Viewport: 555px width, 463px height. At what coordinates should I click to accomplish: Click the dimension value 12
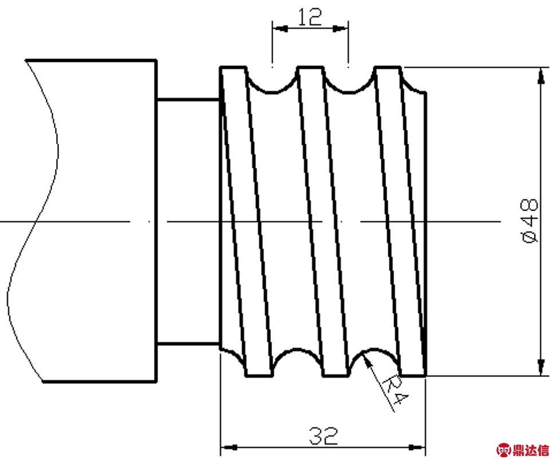(x=310, y=17)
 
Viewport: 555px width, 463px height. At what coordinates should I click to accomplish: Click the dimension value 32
(x=324, y=435)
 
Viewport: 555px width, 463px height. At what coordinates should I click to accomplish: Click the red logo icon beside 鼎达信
(x=503, y=450)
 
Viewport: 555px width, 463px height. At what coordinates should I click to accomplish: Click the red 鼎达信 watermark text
(x=530, y=450)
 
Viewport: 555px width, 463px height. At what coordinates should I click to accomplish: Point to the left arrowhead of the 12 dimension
(x=280, y=28)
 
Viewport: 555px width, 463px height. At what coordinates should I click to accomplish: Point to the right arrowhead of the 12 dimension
(x=341, y=28)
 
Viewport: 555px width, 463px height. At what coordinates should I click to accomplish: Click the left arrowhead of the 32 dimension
(x=229, y=447)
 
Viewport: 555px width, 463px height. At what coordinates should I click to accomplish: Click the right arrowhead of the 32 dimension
(x=417, y=447)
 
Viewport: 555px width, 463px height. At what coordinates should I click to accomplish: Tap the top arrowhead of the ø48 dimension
(x=541, y=76)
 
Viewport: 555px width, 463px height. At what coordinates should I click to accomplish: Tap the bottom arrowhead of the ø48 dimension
(x=541, y=367)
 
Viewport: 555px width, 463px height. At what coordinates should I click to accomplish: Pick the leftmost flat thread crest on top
(x=233, y=66)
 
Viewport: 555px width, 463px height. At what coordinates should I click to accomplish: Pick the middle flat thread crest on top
(x=310, y=66)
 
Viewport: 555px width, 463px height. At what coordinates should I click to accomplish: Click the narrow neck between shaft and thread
(x=188, y=222)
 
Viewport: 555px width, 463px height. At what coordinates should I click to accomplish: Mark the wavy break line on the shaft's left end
(x=34, y=222)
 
